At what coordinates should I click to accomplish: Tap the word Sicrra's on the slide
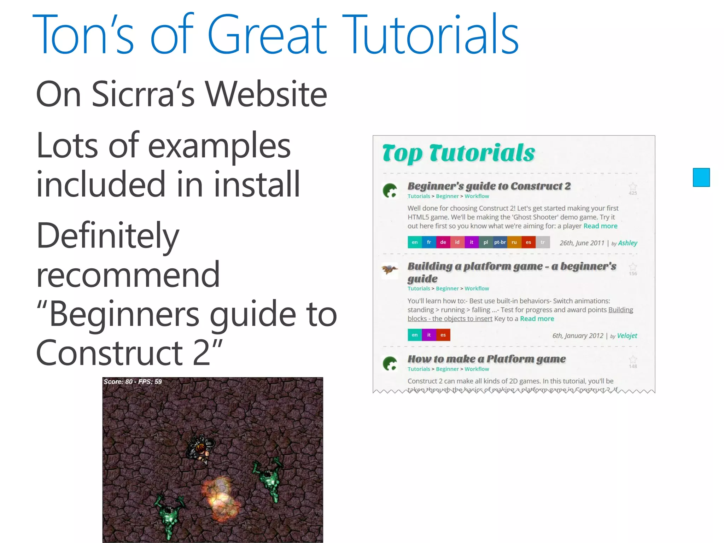[143, 94]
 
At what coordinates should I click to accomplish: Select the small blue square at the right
[701, 177]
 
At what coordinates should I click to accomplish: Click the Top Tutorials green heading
[459, 153]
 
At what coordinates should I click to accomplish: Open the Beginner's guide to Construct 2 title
[489, 186]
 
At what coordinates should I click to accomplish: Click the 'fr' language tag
[429, 242]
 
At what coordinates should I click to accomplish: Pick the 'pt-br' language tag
[500, 242]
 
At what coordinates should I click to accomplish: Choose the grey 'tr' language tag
[543, 242]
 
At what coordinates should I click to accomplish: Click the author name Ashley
[627, 243]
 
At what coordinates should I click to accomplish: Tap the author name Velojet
[627, 335]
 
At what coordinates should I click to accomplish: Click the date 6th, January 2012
[578, 335]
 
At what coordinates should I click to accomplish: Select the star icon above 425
[633, 186]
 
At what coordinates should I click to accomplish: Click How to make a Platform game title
[486, 359]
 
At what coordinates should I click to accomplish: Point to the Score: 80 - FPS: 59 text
[133, 382]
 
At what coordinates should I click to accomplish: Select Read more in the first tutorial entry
[600, 226]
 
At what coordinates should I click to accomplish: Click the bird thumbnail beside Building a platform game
[390, 270]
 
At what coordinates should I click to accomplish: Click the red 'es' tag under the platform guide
[443, 335]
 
